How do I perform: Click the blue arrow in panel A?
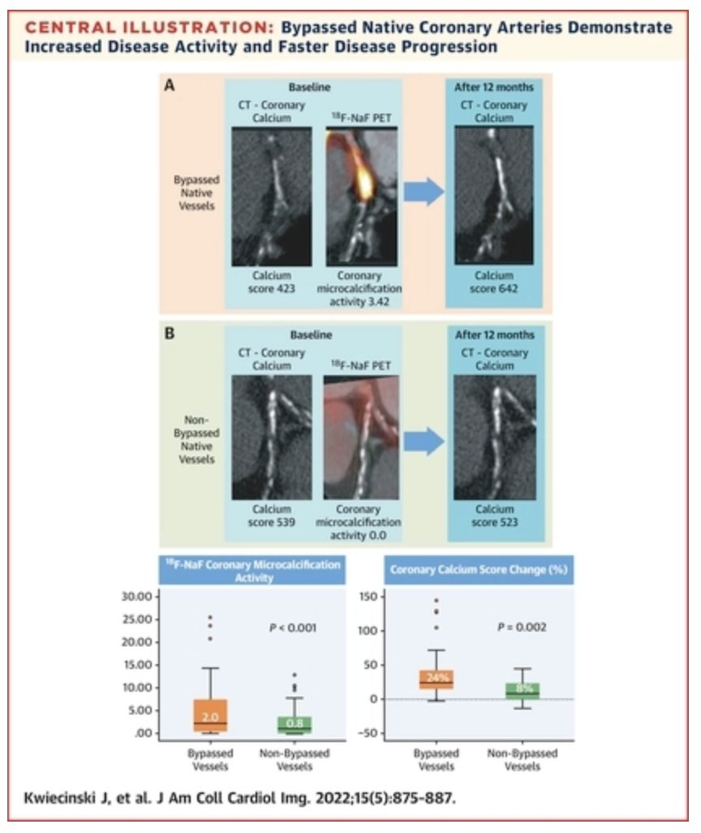tap(424, 192)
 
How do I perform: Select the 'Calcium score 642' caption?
tap(495, 282)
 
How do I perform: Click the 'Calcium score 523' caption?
tap(495, 515)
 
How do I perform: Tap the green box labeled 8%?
tap(523, 690)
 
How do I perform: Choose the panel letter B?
tap(170, 332)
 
